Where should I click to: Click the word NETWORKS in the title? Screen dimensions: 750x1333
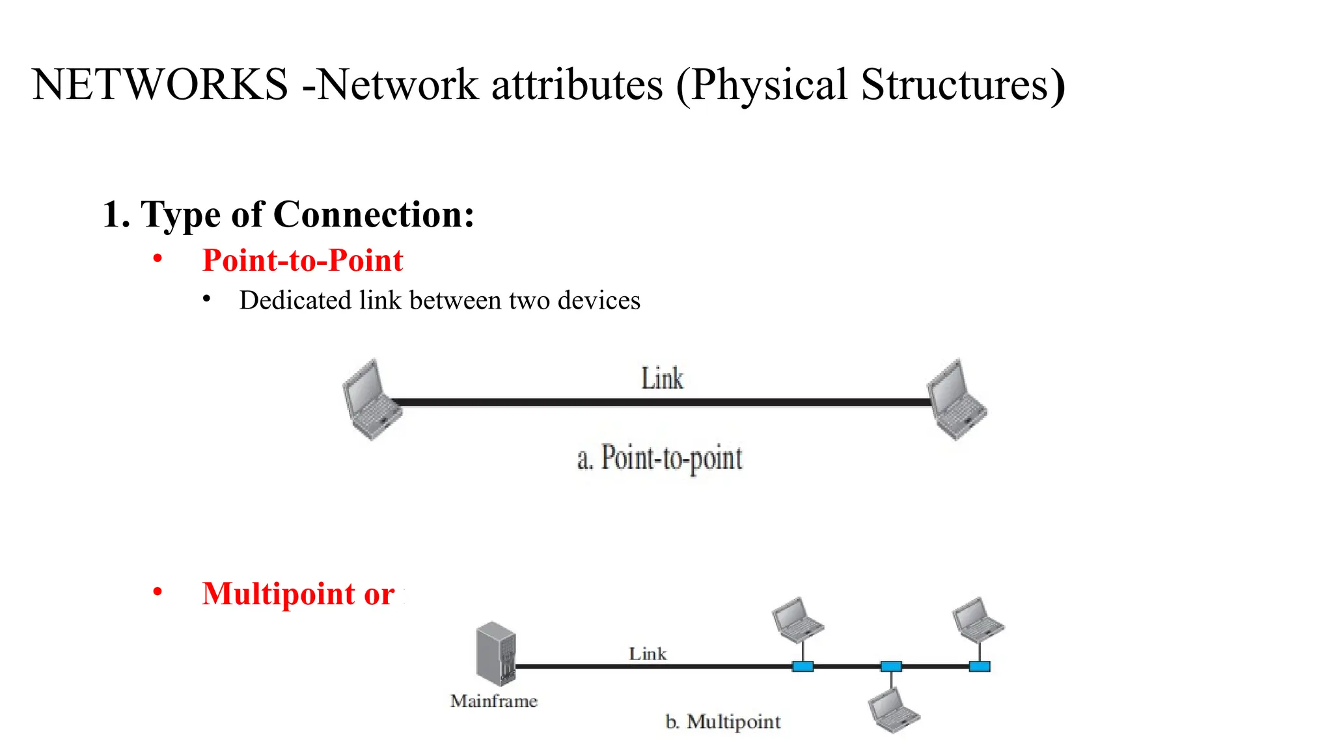tap(159, 85)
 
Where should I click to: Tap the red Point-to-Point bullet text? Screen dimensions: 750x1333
tap(303, 260)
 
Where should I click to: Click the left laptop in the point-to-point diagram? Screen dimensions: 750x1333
tap(371, 400)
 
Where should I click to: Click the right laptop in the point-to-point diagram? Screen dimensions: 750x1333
tap(956, 400)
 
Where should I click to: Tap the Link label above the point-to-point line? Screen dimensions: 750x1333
tap(662, 378)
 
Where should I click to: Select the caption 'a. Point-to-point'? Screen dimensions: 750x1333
tap(659, 458)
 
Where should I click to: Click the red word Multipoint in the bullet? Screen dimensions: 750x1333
tap(279, 594)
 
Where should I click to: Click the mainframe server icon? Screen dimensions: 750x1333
tap(496, 653)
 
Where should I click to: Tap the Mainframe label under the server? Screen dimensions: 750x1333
tap(494, 701)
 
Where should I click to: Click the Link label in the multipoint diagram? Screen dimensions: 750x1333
tap(648, 654)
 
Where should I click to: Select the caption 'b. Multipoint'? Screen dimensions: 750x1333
tap(723, 722)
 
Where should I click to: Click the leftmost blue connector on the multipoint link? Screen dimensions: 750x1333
tap(803, 667)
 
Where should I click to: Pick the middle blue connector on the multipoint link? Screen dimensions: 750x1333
tap(891, 667)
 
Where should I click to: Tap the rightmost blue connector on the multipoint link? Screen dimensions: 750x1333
tap(980, 667)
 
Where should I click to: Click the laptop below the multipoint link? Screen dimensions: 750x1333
tap(894, 711)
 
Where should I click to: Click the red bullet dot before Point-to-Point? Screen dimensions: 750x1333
tap(158, 259)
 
